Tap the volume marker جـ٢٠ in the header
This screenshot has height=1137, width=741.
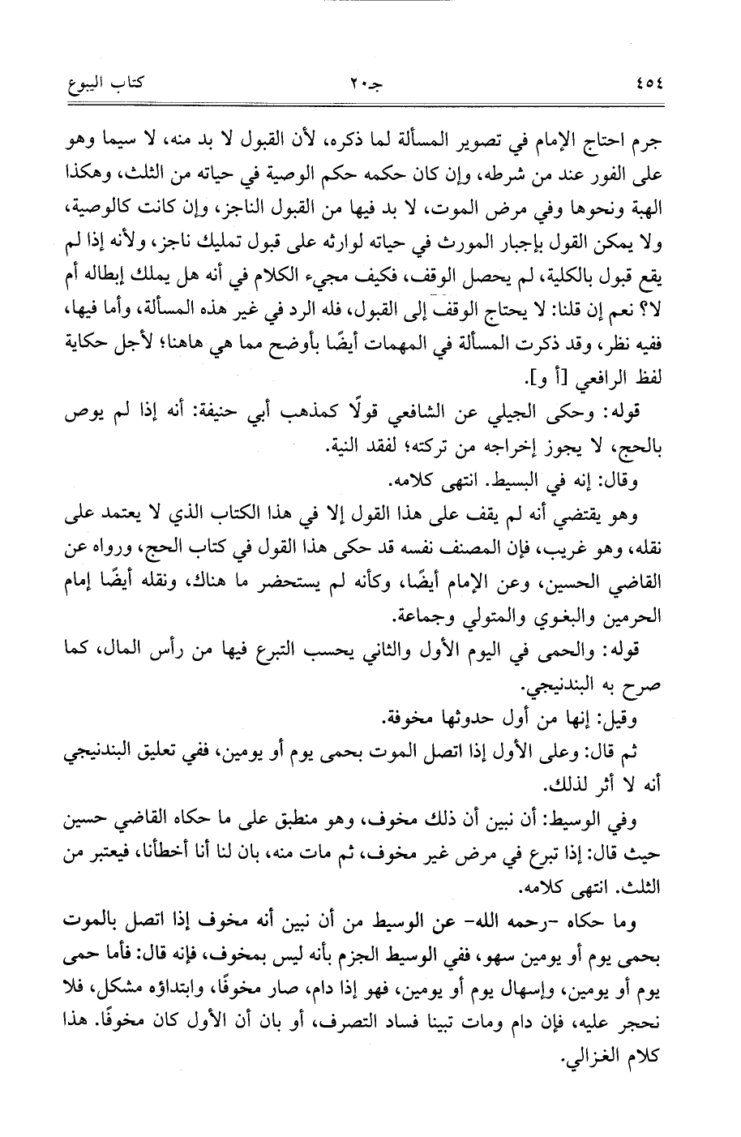pos(370,84)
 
